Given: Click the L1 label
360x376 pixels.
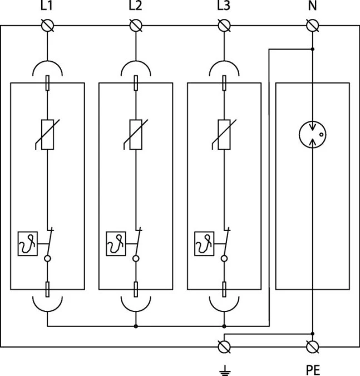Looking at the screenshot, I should (x=47, y=7).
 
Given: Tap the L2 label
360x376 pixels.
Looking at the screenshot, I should (x=135, y=7).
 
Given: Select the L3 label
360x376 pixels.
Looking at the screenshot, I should (x=224, y=7).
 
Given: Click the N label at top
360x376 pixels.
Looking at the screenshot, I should (x=312, y=7).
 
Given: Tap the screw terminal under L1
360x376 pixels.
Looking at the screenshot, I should (x=47, y=26).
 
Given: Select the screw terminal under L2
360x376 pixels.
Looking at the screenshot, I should (x=135, y=26).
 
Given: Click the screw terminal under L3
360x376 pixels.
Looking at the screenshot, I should (x=224, y=26).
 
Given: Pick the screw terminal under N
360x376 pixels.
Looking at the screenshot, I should (x=312, y=26).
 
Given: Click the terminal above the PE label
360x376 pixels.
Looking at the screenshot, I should (x=312, y=346).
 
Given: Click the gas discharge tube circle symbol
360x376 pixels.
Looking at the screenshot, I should (x=312, y=135).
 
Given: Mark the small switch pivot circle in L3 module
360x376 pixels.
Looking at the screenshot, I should (x=224, y=258).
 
